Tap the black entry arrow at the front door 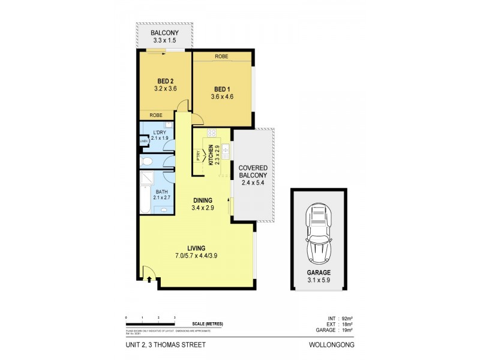point(148,278)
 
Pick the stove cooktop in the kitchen point(211,133)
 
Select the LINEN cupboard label point(143,142)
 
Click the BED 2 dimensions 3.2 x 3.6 point(165,89)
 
